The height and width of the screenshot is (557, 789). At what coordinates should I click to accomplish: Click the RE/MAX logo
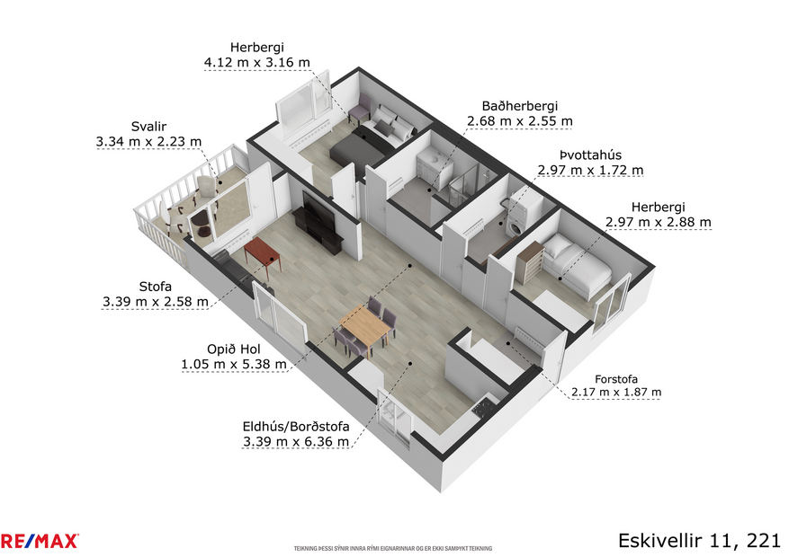coord(40,541)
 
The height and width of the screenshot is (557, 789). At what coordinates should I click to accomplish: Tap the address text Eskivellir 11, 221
coord(698,540)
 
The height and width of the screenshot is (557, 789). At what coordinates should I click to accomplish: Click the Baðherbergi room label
coord(519,105)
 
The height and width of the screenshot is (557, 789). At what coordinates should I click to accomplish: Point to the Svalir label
coord(148,127)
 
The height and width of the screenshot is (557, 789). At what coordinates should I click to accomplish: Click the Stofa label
coord(155,287)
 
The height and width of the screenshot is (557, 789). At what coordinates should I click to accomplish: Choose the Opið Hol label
coord(234,349)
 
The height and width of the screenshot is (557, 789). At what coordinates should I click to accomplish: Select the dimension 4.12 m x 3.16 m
coord(257,63)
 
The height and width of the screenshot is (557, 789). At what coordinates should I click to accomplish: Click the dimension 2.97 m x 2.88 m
coord(658,222)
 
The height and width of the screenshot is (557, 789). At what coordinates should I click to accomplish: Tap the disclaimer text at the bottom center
coord(393,547)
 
